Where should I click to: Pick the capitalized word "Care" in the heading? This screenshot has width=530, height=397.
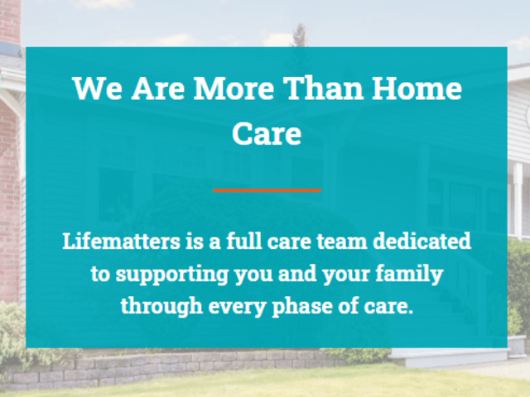pos(267,133)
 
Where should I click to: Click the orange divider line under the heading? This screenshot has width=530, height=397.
pos(267,189)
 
